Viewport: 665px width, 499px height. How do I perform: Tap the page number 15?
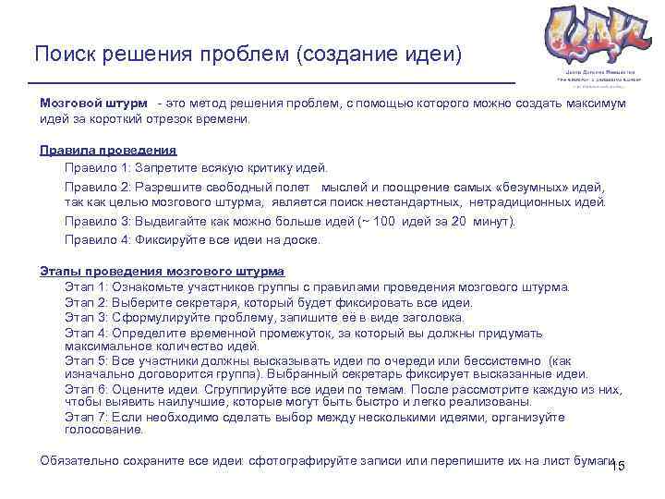click(619, 465)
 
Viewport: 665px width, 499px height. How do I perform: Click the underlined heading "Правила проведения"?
click(108, 149)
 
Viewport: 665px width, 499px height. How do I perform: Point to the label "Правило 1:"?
click(97, 167)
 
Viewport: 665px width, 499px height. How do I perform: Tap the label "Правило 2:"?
click(97, 186)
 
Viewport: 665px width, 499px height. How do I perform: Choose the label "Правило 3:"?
click(97, 222)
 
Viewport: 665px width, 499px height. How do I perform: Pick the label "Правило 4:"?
click(97, 239)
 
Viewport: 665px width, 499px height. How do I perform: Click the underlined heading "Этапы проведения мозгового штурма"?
click(162, 271)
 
